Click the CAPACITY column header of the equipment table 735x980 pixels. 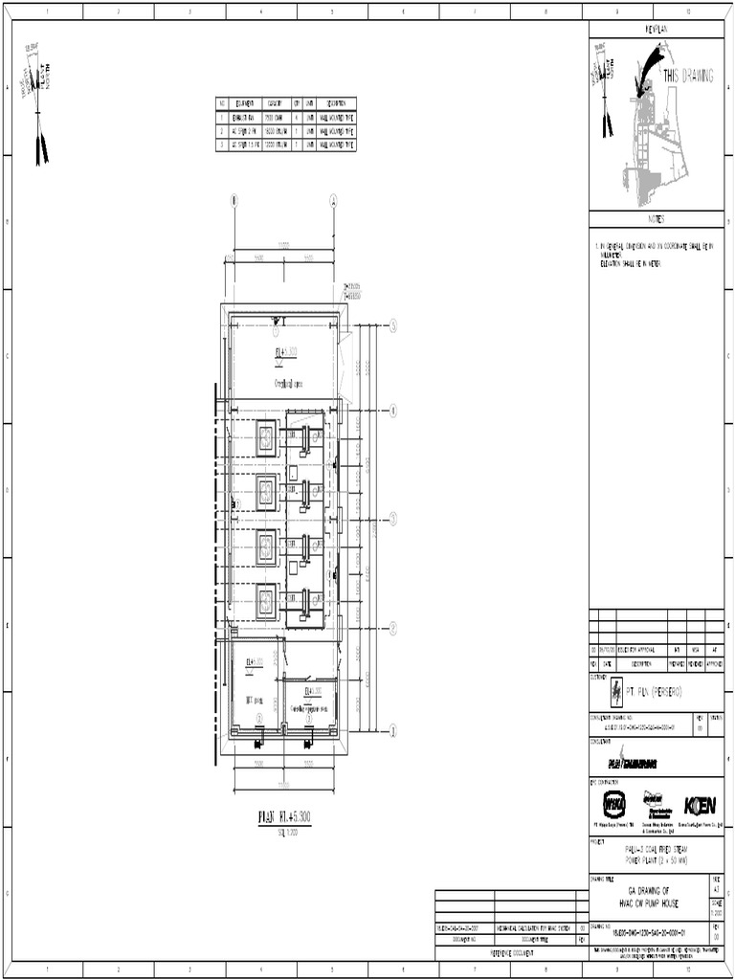click(x=277, y=102)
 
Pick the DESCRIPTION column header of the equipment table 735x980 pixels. click(x=335, y=102)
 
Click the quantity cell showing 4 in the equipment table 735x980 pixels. click(x=298, y=117)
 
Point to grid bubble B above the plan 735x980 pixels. click(x=233, y=201)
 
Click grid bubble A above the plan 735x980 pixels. click(x=334, y=201)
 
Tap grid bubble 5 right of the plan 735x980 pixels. click(x=392, y=326)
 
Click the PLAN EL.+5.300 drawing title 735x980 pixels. click(x=285, y=816)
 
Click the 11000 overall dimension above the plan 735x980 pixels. click(x=283, y=245)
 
